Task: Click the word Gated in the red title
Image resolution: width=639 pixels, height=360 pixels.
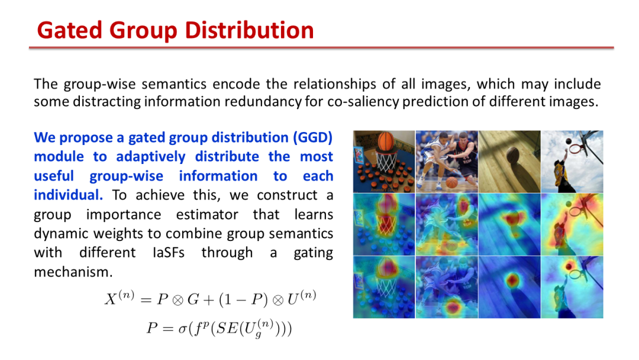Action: (69, 31)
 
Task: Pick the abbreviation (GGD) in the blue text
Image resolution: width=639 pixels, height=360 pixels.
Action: (312, 137)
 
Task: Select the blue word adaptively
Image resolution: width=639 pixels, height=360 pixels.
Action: (150, 156)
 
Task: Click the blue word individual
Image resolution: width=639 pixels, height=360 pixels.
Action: (68, 195)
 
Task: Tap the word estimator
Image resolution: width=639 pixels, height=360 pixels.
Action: (207, 214)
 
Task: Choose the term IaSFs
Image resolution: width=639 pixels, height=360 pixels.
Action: (168, 253)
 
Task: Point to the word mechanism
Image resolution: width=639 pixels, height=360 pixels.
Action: (73, 272)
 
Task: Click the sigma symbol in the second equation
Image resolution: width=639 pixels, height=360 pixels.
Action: (182, 329)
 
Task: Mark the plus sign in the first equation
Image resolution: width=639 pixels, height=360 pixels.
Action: (209, 300)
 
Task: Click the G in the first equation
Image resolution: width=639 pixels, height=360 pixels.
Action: (193, 300)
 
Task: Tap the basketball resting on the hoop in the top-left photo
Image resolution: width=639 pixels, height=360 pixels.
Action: (385, 141)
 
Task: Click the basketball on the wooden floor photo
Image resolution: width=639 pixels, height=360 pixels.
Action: (512, 155)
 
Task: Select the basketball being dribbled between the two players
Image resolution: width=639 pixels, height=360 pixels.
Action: (451, 182)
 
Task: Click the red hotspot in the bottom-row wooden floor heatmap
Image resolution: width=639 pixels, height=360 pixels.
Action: (512, 281)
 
